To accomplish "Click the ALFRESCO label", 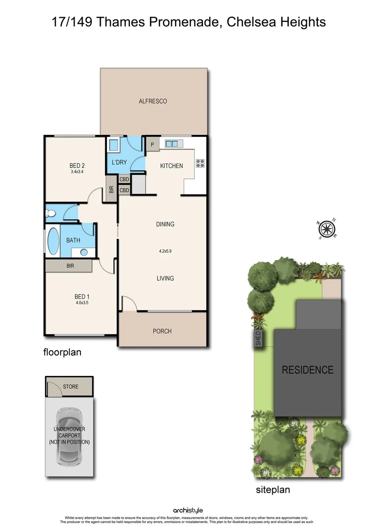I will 153,101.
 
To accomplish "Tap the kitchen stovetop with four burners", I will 200,163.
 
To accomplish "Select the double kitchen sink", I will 172,144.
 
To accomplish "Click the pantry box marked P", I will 152,145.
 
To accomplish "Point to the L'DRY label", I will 119,163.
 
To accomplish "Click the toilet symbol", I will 50,213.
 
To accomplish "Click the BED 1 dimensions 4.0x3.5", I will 82,303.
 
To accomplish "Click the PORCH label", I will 162,331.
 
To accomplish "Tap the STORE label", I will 71,387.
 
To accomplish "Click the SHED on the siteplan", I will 258,338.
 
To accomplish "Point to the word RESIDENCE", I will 307,370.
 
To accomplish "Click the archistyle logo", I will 188,510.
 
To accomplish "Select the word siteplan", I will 272,490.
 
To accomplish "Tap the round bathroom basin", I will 83,252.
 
